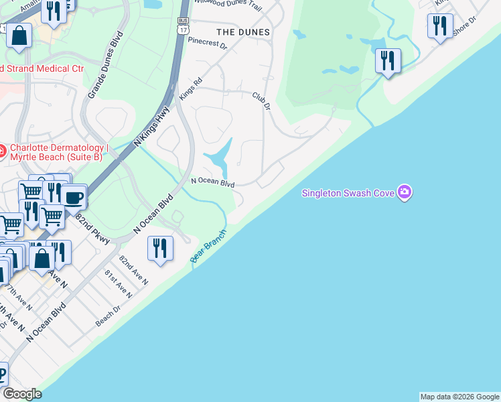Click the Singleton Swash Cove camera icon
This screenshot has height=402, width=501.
(404, 193)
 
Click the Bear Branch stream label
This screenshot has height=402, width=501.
(208, 247)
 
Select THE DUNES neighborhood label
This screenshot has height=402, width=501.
(243, 32)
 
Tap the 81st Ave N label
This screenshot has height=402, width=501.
(118, 283)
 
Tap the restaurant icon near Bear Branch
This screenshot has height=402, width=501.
(160, 248)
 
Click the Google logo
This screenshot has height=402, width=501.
(22, 394)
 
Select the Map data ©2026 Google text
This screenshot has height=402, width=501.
(459, 397)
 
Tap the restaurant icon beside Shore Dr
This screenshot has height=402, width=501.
(440, 26)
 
